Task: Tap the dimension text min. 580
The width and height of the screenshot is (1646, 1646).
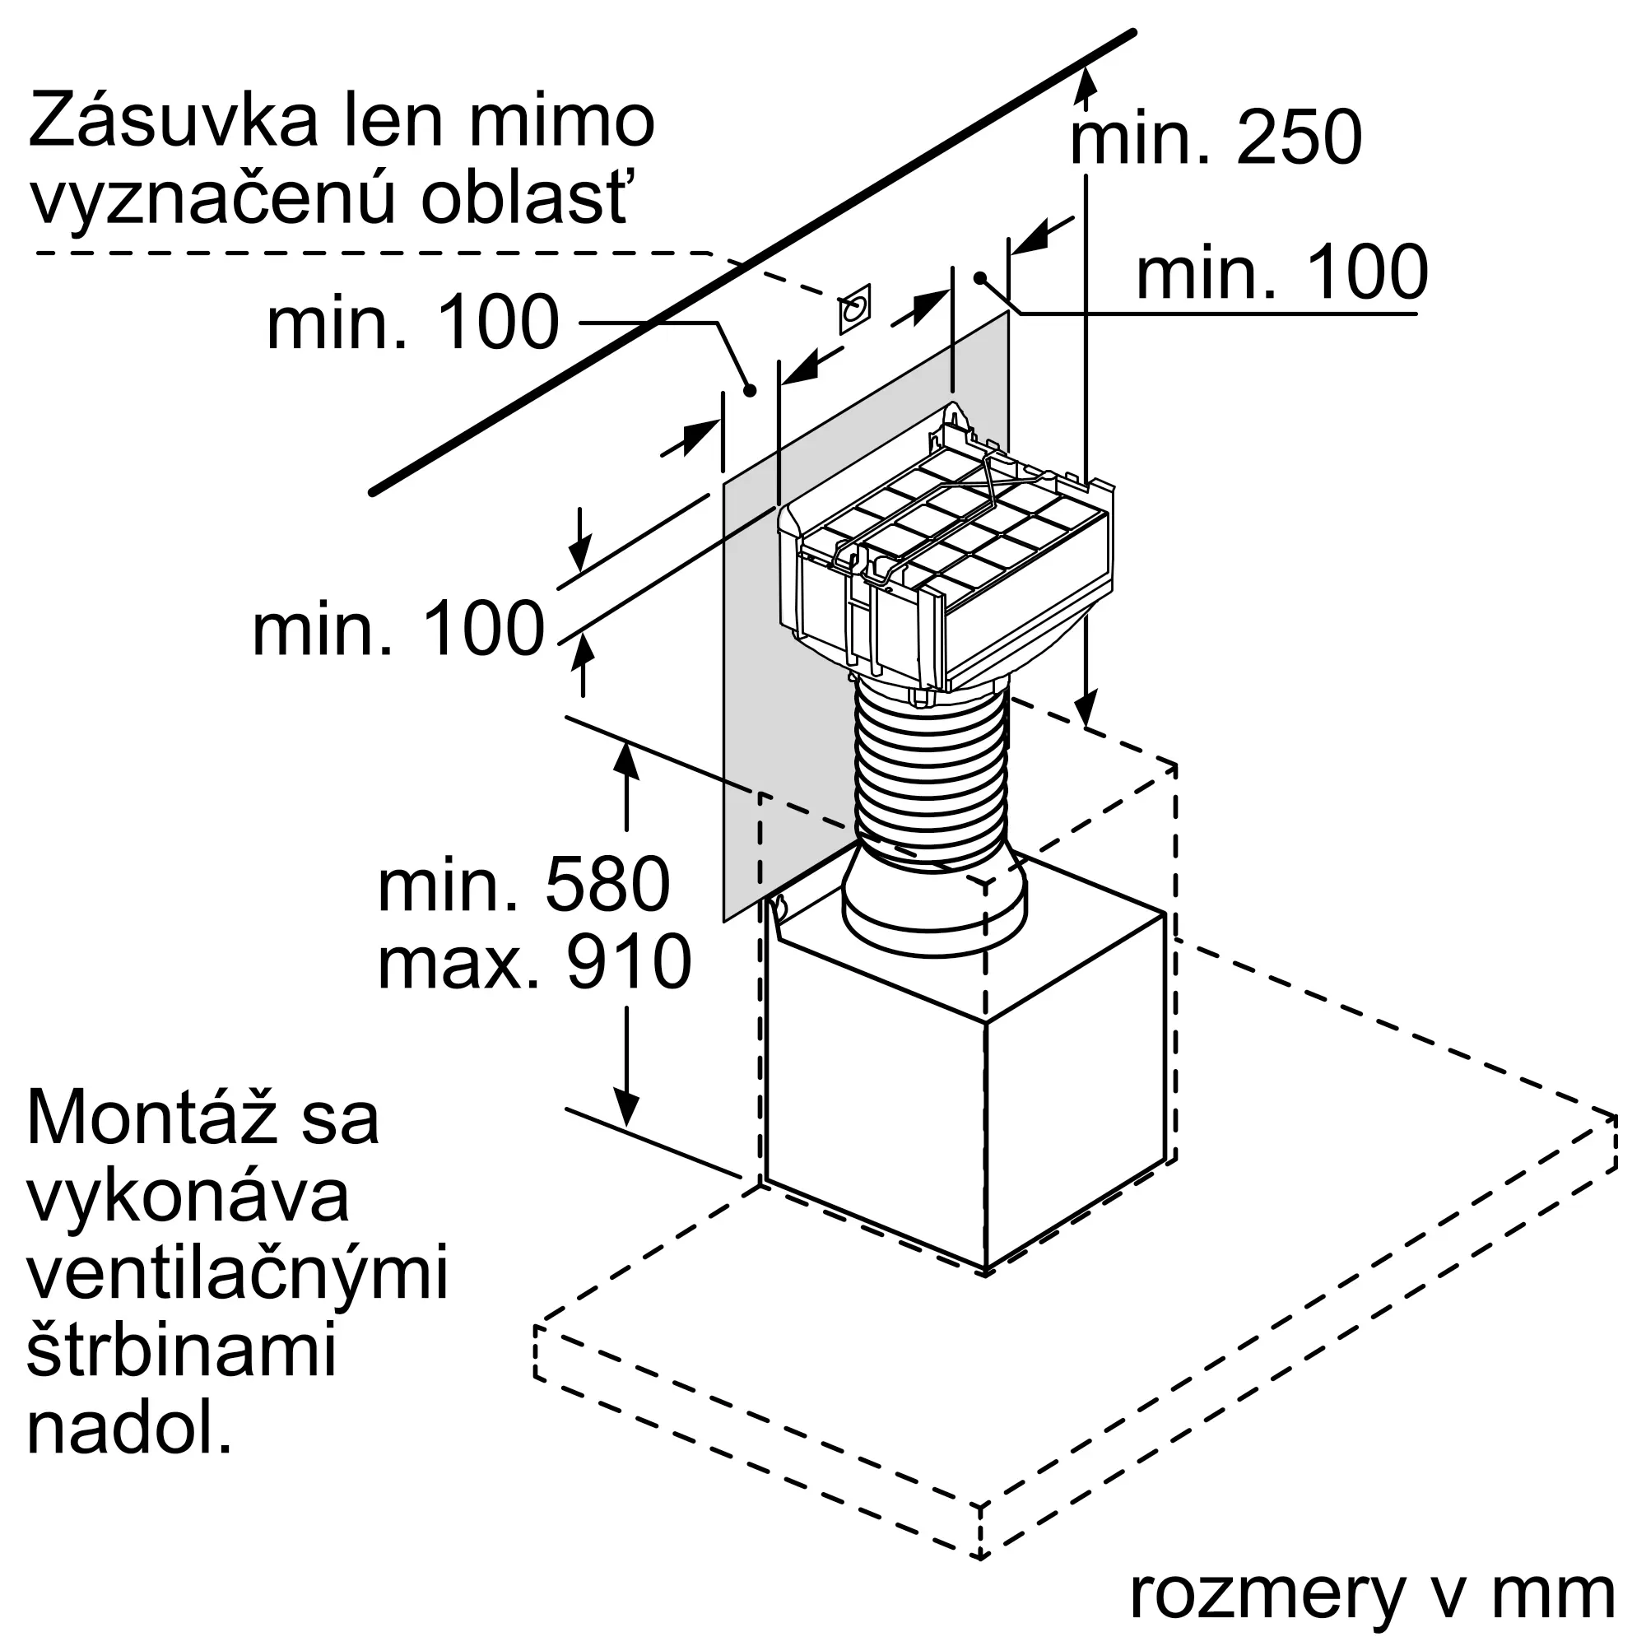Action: tap(524, 886)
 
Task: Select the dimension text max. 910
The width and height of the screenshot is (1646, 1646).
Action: tap(534, 963)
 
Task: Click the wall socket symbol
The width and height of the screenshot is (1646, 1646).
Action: tap(854, 309)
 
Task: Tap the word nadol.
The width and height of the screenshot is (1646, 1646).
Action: tap(129, 1429)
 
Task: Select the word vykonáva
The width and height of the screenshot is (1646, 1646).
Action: tap(188, 1196)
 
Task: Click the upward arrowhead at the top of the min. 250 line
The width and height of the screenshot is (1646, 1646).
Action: tap(1086, 81)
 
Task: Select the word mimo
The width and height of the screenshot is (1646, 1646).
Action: tap(561, 122)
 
